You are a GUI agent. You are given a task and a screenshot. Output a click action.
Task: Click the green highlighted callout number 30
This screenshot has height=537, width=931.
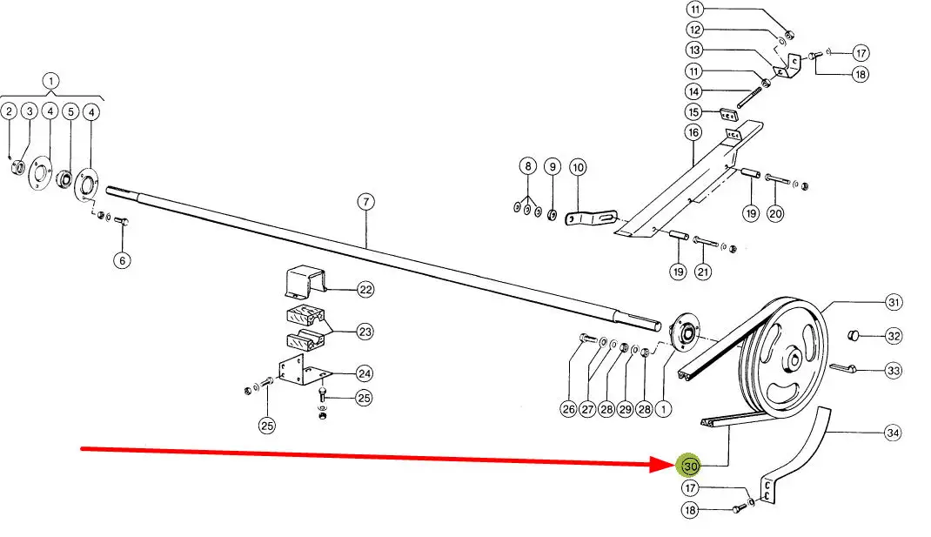pos(691,466)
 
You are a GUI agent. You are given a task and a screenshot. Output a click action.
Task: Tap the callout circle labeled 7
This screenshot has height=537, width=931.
pos(365,202)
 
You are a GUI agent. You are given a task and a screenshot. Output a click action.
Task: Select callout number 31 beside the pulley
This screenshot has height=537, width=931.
pos(894,303)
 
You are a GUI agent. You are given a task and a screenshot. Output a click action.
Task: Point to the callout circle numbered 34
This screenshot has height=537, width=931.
pos(892,433)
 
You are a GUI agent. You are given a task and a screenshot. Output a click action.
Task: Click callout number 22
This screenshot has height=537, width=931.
pos(365,289)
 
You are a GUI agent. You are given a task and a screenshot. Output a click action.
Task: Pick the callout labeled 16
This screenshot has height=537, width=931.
pos(693,132)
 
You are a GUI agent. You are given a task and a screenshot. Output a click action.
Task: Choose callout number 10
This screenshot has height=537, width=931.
pos(579,166)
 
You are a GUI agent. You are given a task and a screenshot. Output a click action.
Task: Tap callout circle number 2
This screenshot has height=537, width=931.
pos(9,111)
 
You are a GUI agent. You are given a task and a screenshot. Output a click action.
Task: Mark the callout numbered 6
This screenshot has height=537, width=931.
pos(123,259)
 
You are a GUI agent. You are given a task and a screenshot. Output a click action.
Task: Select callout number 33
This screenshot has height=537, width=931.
pos(894,370)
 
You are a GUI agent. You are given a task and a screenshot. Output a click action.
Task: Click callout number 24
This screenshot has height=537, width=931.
pos(365,373)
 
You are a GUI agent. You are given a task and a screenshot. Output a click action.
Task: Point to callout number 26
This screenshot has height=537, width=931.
pos(569,409)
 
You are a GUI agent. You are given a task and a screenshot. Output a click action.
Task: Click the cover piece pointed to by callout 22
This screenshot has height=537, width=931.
pos(305,281)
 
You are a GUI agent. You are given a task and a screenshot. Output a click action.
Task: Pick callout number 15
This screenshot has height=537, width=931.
pos(693,111)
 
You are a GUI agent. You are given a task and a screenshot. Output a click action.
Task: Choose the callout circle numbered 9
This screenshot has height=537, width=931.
pos(552,166)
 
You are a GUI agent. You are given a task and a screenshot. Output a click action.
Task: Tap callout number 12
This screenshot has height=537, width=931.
pos(693,30)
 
